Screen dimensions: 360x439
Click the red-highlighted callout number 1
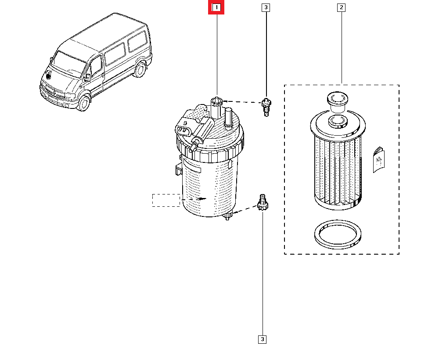point(216,7)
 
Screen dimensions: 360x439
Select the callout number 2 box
point(342,7)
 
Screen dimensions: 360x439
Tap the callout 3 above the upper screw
point(265,7)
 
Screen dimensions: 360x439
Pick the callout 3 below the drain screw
point(262,339)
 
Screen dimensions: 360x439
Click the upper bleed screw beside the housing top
point(265,107)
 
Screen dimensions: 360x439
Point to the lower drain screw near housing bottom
point(262,203)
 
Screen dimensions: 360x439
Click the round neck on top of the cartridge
point(337,100)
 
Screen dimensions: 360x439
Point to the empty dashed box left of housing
point(166,200)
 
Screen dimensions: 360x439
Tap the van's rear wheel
point(140,70)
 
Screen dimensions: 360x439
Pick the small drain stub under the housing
point(227,216)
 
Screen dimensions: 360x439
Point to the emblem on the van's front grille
point(49,75)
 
